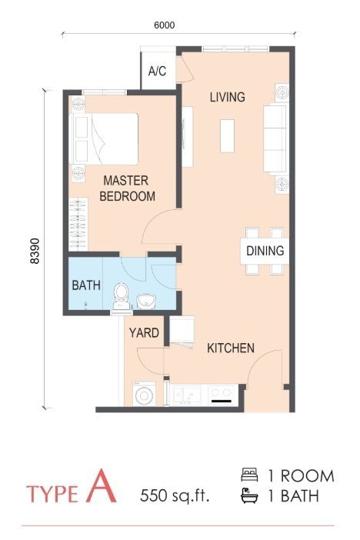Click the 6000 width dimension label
(165, 25)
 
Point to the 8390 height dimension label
(34, 251)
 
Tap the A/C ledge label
(158, 72)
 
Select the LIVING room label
(227, 98)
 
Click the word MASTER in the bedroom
(126, 181)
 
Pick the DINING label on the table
(265, 251)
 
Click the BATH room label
(86, 285)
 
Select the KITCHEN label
(231, 348)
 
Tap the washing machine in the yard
(144, 395)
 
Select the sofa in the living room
(274, 138)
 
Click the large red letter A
(102, 488)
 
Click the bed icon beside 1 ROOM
(248, 475)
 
